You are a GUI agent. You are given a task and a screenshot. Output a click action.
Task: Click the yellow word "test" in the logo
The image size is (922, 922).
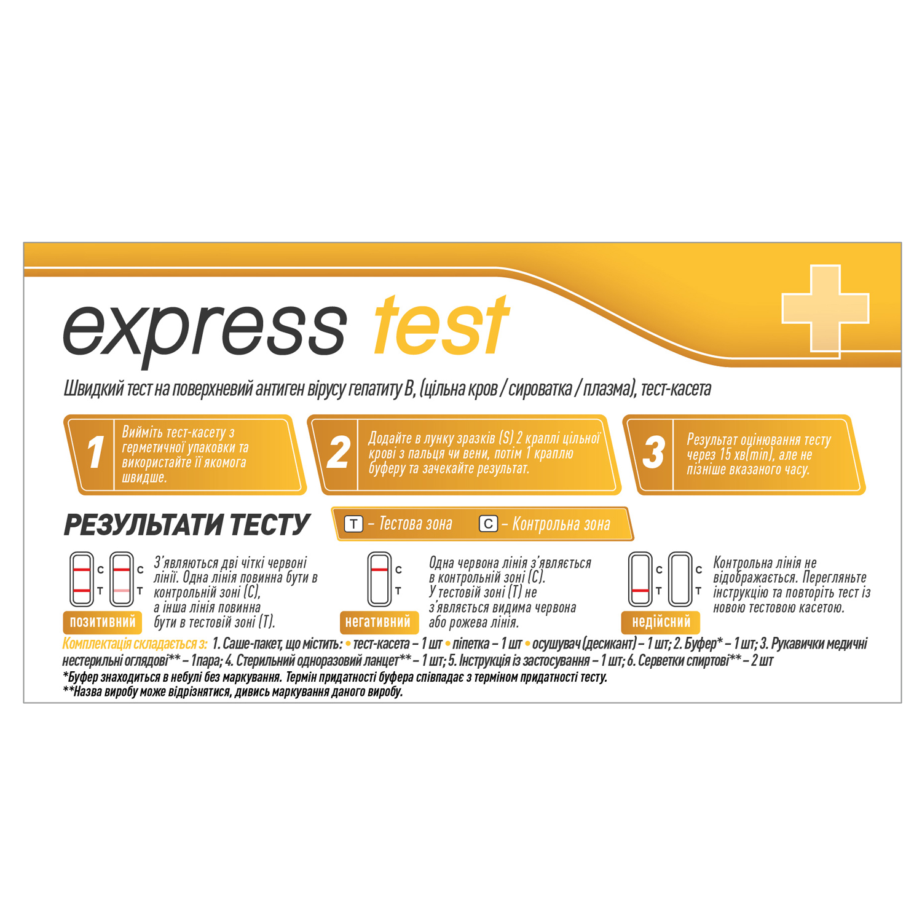[441, 326]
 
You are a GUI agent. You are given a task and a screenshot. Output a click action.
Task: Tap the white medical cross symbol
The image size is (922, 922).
[825, 309]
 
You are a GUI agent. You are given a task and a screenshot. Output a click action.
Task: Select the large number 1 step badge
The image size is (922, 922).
[95, 453]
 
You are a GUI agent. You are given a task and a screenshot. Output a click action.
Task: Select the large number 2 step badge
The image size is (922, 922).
[338, 453]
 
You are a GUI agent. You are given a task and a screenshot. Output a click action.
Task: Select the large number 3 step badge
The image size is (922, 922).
[653, 453]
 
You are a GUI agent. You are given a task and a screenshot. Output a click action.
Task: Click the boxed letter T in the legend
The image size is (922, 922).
[353, 524]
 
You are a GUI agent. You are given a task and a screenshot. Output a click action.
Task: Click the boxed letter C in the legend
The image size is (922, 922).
[488, 524]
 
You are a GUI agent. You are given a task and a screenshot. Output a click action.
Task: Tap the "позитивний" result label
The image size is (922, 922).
[103, 622]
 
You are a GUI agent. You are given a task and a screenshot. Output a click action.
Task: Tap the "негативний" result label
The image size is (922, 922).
[379, 622]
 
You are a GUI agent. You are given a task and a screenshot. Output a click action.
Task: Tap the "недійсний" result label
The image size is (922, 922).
[661, 622]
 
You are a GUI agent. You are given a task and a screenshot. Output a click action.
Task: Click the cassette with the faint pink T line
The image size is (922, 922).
[122, 579]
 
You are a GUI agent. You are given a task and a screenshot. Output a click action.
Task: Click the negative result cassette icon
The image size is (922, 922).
[379, 579]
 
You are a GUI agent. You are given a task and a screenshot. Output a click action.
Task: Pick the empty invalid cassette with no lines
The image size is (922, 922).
[680, 579]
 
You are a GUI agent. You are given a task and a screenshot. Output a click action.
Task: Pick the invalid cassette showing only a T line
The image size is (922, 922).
[640, 579]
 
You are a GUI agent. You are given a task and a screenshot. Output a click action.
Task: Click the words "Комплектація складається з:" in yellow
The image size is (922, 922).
[135, 644]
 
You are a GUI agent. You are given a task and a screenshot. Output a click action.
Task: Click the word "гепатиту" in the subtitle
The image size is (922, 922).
[374, 389]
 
